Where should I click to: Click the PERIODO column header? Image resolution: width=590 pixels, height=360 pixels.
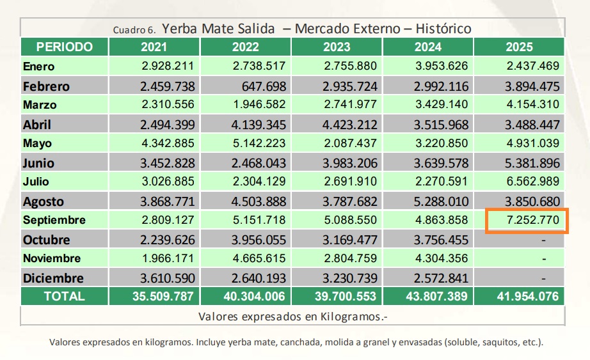(x=64, y=47)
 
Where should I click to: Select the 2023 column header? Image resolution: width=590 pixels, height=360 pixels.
(x=337, y=47)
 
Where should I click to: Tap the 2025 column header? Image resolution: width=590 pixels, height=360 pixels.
(x=519, y=47)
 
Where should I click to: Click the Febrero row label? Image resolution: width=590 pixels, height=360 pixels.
(x=46, y=86)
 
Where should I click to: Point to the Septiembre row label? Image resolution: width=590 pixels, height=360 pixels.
(x=54, y=221)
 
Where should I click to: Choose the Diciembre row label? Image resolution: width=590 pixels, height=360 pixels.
(x=53, y=278)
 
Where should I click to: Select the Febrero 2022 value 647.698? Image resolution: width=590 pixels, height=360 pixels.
(x=264, y=86)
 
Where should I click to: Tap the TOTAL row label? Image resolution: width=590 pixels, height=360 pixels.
(x=63, y=296)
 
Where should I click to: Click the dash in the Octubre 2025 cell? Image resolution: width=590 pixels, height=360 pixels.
(x=543, y=240)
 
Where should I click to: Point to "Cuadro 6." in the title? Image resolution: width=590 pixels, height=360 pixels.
(x=134, y=30)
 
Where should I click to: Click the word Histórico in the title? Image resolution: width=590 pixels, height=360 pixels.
(x=443, y=29)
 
